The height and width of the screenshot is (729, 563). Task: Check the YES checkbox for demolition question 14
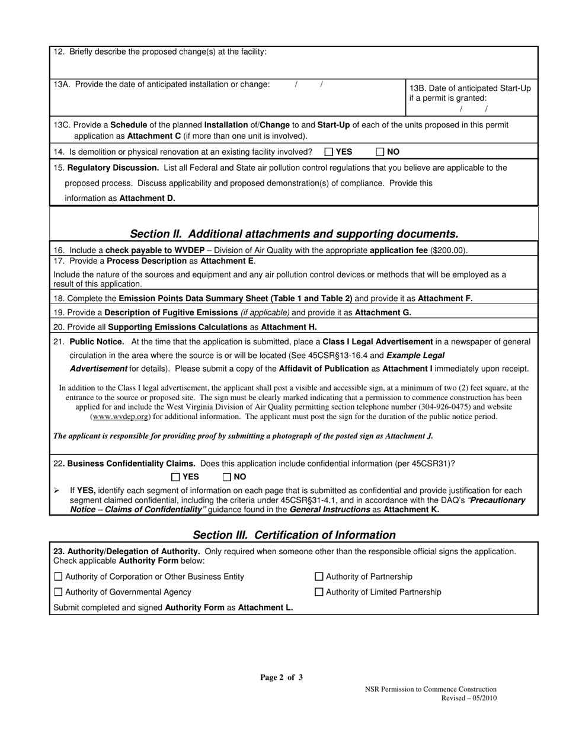[x=329, y=152]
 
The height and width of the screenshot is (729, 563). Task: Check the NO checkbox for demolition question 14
[x=380, y=152]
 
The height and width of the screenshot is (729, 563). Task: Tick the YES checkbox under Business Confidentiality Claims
[x=175, y=477]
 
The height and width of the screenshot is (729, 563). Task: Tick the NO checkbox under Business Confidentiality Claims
[x=226, y=477]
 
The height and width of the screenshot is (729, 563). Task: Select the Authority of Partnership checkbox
[x=319, y=577]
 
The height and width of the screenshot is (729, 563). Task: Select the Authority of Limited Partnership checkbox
[x=319, y=592]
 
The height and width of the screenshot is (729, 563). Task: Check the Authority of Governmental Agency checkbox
[x=58, y=592]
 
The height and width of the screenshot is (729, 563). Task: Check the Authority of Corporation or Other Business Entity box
[x=58, y=577]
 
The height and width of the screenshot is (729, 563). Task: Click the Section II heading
[x=294, y=234]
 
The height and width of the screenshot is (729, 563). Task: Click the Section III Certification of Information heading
[x=294, y=535]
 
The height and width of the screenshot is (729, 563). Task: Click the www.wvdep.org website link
[x=120, y=417]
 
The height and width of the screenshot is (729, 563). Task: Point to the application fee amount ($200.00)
[x=449, y=251]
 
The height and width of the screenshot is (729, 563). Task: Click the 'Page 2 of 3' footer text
[x=281, y=677]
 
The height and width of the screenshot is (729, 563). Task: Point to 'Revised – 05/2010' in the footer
[x=469, y=698]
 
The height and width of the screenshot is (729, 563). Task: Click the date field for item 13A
[x=309, y=85]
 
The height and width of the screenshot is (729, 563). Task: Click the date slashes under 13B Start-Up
[x=474, y=109]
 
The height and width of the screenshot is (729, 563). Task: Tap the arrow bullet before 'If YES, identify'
[x=56, y=491]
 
